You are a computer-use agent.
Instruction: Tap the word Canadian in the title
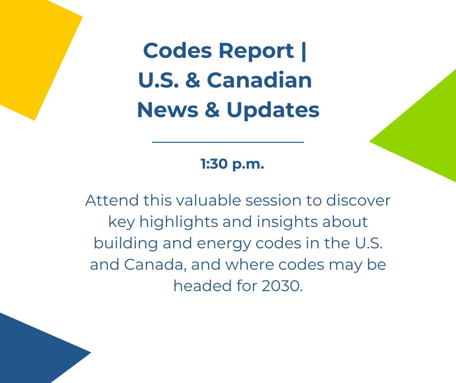260,81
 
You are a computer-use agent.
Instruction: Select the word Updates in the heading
273,110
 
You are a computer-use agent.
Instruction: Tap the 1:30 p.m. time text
232,164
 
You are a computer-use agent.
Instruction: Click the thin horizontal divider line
228,142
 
